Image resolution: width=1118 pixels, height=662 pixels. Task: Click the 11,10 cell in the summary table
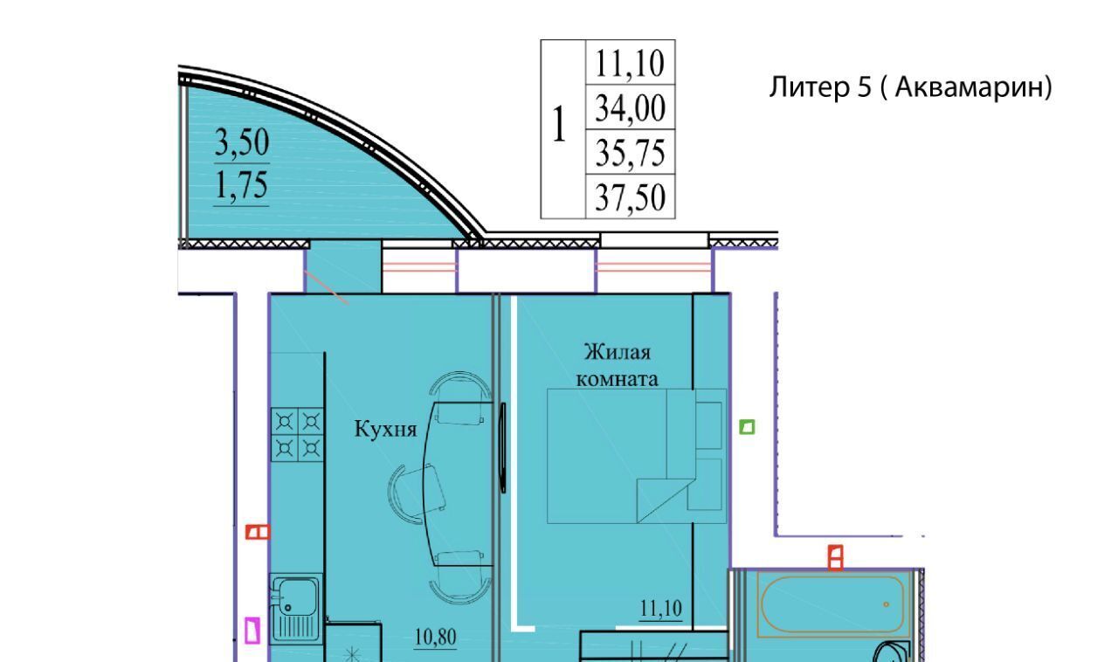630,63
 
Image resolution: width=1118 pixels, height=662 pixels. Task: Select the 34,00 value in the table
630,107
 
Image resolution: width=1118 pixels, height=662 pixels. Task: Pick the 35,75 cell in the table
630,152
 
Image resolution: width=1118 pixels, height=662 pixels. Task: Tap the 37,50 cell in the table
630,197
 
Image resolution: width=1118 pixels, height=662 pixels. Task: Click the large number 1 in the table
560,124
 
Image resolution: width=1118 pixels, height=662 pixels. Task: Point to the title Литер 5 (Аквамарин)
910,86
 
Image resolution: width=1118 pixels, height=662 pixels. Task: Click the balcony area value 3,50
242,142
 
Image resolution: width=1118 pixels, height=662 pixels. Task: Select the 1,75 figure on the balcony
242,185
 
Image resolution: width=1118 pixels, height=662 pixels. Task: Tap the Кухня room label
385,429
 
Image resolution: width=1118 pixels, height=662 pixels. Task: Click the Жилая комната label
618,365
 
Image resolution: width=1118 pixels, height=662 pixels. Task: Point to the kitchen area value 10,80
435,638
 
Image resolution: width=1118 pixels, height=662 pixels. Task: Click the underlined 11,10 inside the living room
661,609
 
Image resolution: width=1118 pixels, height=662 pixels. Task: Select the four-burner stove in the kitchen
298,434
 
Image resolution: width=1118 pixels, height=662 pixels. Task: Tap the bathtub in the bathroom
832,604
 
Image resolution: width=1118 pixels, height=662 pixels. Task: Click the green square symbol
747,427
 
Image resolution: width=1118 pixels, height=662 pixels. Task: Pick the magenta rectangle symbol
252,631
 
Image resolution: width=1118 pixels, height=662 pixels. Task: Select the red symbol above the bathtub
836,558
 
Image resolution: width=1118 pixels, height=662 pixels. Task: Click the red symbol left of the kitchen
258,532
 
